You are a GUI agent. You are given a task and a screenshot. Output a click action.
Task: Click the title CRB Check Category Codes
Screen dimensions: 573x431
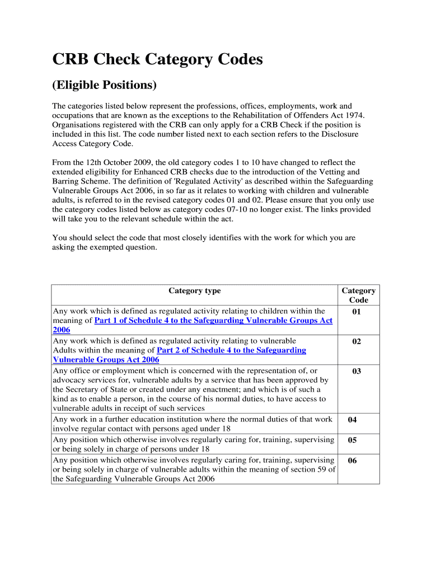(157, 59)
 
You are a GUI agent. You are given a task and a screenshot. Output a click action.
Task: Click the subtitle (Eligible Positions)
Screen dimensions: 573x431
(104, 85)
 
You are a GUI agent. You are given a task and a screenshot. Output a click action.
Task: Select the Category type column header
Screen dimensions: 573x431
(194, 290)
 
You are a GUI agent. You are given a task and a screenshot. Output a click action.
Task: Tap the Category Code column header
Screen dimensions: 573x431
(358, 295)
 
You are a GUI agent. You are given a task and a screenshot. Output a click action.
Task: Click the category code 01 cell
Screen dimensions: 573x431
(357, 312)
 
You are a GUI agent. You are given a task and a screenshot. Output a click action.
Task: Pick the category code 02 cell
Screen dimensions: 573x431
(357, 341)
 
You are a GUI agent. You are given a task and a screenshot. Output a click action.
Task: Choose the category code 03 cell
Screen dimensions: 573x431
(357, 371)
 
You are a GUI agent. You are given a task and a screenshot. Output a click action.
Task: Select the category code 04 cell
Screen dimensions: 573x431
(352, 420)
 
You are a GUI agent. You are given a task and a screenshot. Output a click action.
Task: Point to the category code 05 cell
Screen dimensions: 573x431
(352, 440)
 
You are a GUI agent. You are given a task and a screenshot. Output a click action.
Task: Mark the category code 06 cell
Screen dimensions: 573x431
(352, 461)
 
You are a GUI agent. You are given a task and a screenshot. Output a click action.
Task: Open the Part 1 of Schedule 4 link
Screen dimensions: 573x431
(213, 321)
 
